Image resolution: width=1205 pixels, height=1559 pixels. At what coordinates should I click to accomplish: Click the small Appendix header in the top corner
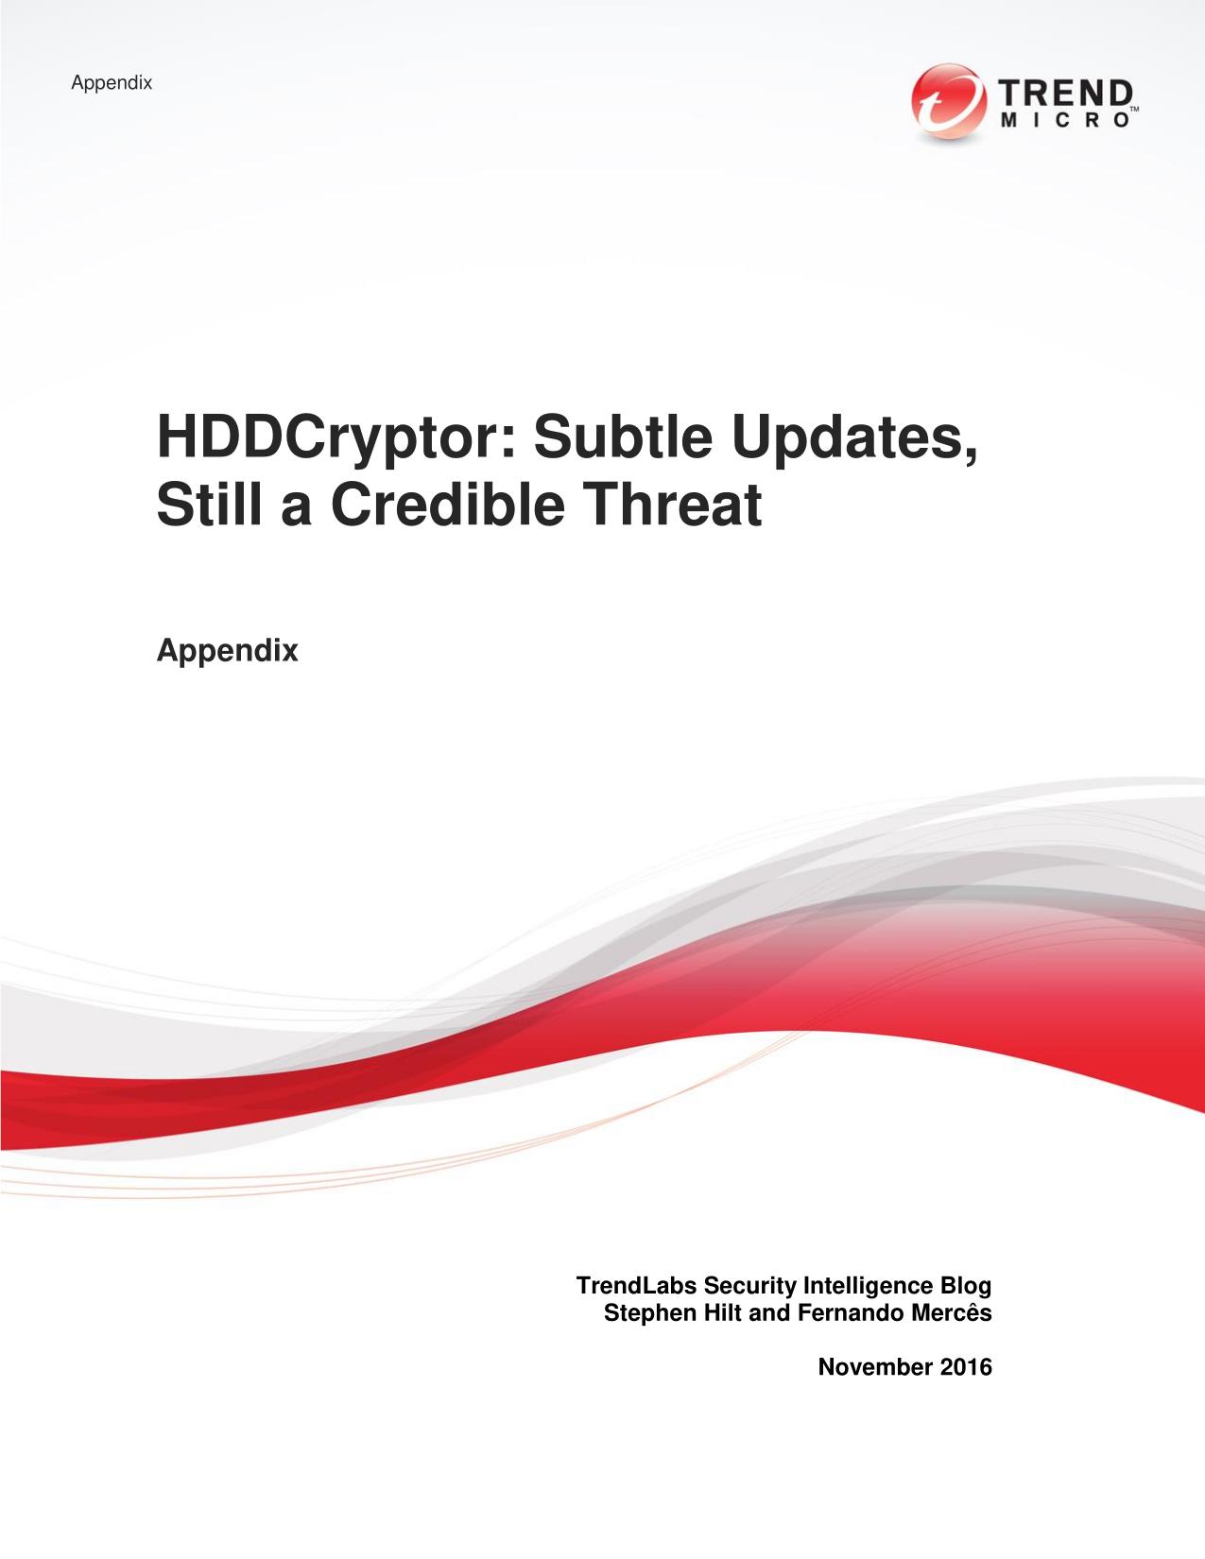pos(112,83)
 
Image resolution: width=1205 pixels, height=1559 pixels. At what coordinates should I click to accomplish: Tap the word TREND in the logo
pos(1066,94)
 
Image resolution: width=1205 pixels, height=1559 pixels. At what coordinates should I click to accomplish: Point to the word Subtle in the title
pos(622,437)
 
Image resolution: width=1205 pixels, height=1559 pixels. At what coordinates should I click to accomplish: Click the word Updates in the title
pos(855,438)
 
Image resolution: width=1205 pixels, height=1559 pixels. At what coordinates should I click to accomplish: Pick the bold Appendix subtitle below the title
pos(227,651)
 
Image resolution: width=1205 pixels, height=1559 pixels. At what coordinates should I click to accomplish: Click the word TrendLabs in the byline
pos(636,1286)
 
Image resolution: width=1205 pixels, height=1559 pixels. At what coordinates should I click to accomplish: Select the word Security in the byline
pos(749,1287)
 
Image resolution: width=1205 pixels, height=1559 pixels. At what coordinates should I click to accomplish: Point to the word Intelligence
pos(869,1287)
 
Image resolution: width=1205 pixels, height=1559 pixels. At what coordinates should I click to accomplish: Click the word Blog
pos(966,1287)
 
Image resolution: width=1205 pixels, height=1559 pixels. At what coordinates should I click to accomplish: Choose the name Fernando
pos(851,1313)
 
